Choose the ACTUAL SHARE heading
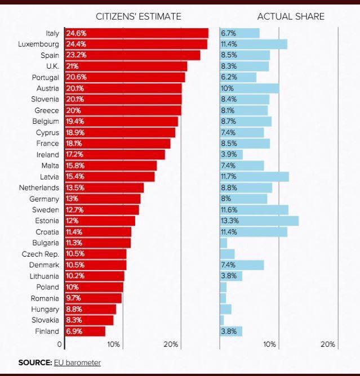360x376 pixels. click(x=291, y=16)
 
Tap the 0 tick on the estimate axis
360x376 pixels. click(x=60, y=344)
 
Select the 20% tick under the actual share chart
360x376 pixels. click(x=328, y=344)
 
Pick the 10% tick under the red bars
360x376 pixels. click(x=113, y=344)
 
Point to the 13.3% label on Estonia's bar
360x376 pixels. click(x=229, y=221)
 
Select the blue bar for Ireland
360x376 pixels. click(x=231, y=154)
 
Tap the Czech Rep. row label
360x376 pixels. click(x=41, y=254)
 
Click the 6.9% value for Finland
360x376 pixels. click(x=74, y=332)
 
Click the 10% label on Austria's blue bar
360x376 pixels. click(x=226, y=88)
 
